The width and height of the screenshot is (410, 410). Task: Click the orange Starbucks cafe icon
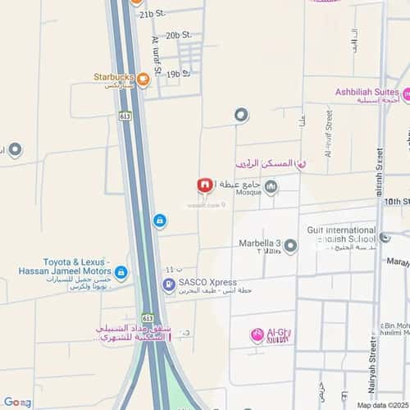[143, 80]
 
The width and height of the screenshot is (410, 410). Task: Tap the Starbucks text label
[113, 77]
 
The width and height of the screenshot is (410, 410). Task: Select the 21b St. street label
[153, 15]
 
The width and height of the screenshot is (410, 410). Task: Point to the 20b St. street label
[178, 35]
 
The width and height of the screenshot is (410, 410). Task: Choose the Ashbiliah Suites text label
[376, 93]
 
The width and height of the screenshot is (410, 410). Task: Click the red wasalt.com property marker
[206, 185]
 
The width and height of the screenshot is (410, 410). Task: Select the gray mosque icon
[271, 187]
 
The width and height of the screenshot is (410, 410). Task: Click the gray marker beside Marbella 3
[290, 244]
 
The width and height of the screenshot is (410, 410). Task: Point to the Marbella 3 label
[259, 244]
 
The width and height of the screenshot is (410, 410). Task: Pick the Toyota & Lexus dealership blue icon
[121, 272]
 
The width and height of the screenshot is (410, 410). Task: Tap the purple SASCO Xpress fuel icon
[169, 285]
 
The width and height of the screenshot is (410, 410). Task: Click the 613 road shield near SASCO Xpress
[148, 317]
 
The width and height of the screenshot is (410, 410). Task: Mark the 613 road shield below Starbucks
[125, 116]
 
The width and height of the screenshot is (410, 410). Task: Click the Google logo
[16, 402]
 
